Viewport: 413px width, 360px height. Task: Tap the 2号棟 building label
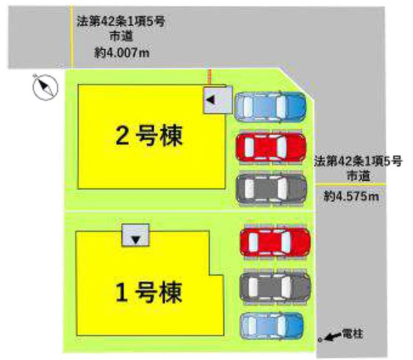click(x=149, y=136)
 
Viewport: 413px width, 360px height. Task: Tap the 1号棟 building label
click(x=149, y=293)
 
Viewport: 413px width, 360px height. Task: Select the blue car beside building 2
click(x=270, y=106)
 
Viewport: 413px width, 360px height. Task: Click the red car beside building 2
click(x=271, y=148)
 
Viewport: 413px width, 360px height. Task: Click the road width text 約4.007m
click(x=122, y=53)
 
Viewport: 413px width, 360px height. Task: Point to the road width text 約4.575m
click(x=352, y=196)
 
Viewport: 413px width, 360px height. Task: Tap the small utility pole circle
click(x=320, y=340)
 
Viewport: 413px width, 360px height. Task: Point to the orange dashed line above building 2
click(x=208, y=77)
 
